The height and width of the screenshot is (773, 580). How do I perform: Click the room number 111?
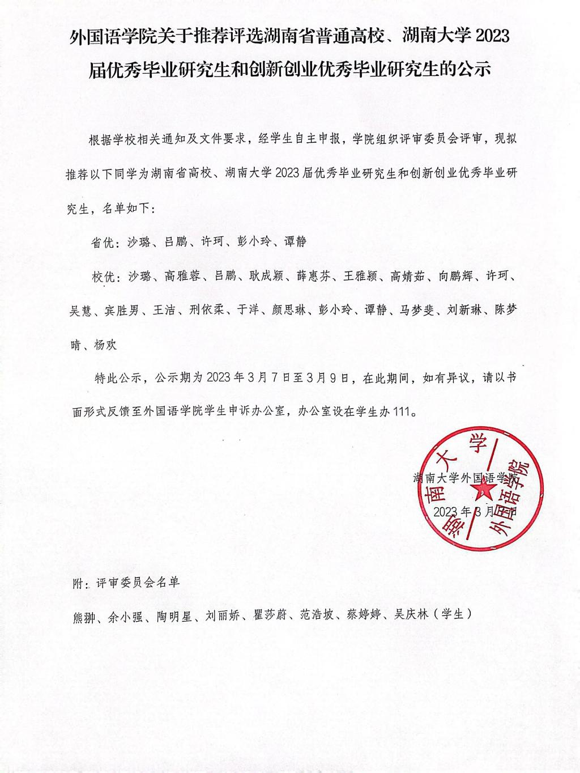click(x=400, y=412)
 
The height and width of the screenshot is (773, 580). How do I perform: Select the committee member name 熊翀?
click(x=86, y=616)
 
